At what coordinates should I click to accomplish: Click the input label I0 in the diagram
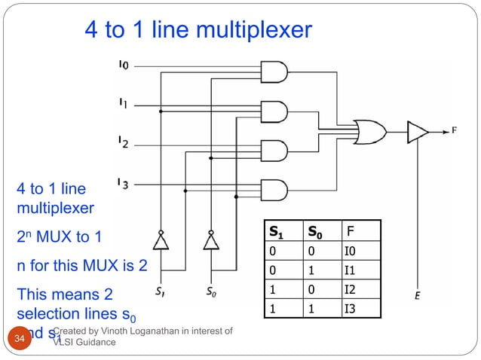[x=124, y=66]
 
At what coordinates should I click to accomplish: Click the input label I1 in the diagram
[x=123, y=102]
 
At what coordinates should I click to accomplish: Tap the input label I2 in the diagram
[x=123, y=141]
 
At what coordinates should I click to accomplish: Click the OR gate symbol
[x=370, y=133]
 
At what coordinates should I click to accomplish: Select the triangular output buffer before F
[x=417, y=133]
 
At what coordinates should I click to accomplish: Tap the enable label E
[x=417, y=296]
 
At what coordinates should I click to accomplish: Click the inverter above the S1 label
[x=161, y=241]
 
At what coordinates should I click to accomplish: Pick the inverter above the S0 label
[x=211, y=241]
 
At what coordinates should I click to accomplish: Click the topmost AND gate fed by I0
[x=273, y=72]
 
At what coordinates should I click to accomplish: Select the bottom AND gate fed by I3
[x=273, y=189]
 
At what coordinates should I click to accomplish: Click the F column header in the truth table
[x=349, y=230]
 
